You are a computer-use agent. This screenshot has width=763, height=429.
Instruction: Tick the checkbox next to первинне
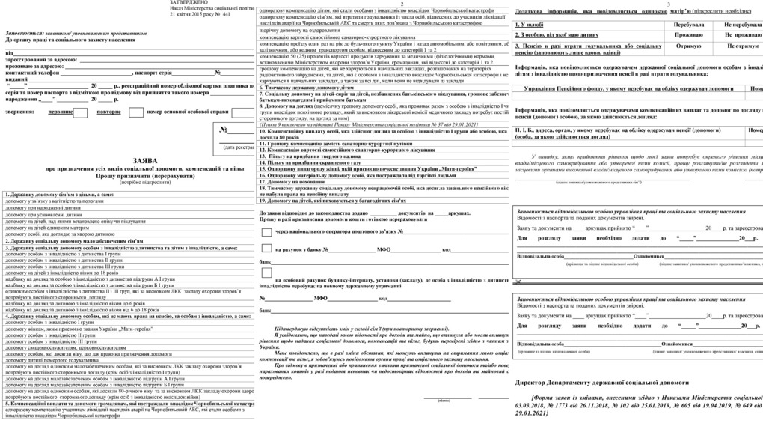(x=80, y=112)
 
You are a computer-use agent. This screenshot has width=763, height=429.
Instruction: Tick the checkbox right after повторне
(x=135, y=112)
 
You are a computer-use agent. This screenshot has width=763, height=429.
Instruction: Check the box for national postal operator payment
(x=266, y=231)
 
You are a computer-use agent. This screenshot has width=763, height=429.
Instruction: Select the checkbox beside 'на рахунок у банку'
(x=266, y=249)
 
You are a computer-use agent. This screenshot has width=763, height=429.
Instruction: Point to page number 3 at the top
(x=668, y=4)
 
